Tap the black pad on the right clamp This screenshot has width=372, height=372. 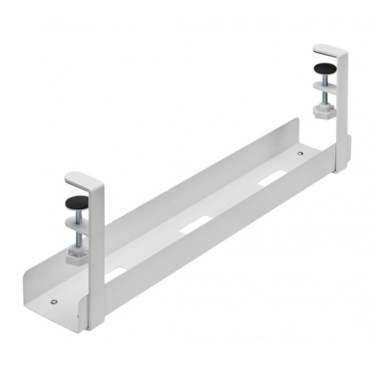pos(324,67)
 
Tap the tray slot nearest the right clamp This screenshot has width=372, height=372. pos(272,178)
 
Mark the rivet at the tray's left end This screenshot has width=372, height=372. pos(54,302)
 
